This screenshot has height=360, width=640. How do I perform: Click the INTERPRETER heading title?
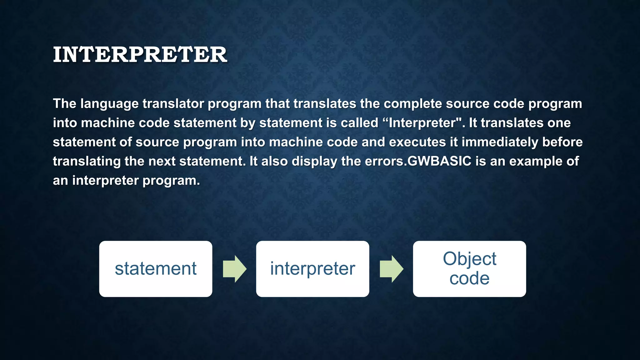click(140, 55)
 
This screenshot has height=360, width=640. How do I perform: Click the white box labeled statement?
click(156, 269)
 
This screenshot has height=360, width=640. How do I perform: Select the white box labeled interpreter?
click(312, 269)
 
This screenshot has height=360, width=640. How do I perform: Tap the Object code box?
click(469, 269)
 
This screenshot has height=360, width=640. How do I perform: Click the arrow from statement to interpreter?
click(234, 269)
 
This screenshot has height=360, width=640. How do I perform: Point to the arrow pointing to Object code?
click(391, 269)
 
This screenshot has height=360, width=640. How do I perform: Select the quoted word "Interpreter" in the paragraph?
click(422, 123)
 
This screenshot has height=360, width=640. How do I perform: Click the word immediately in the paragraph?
click(500, 142)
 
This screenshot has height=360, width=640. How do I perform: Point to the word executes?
click(417, 142)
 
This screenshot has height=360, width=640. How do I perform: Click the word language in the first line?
click(109, 104)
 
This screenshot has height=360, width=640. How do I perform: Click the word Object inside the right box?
click(469, 259)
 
